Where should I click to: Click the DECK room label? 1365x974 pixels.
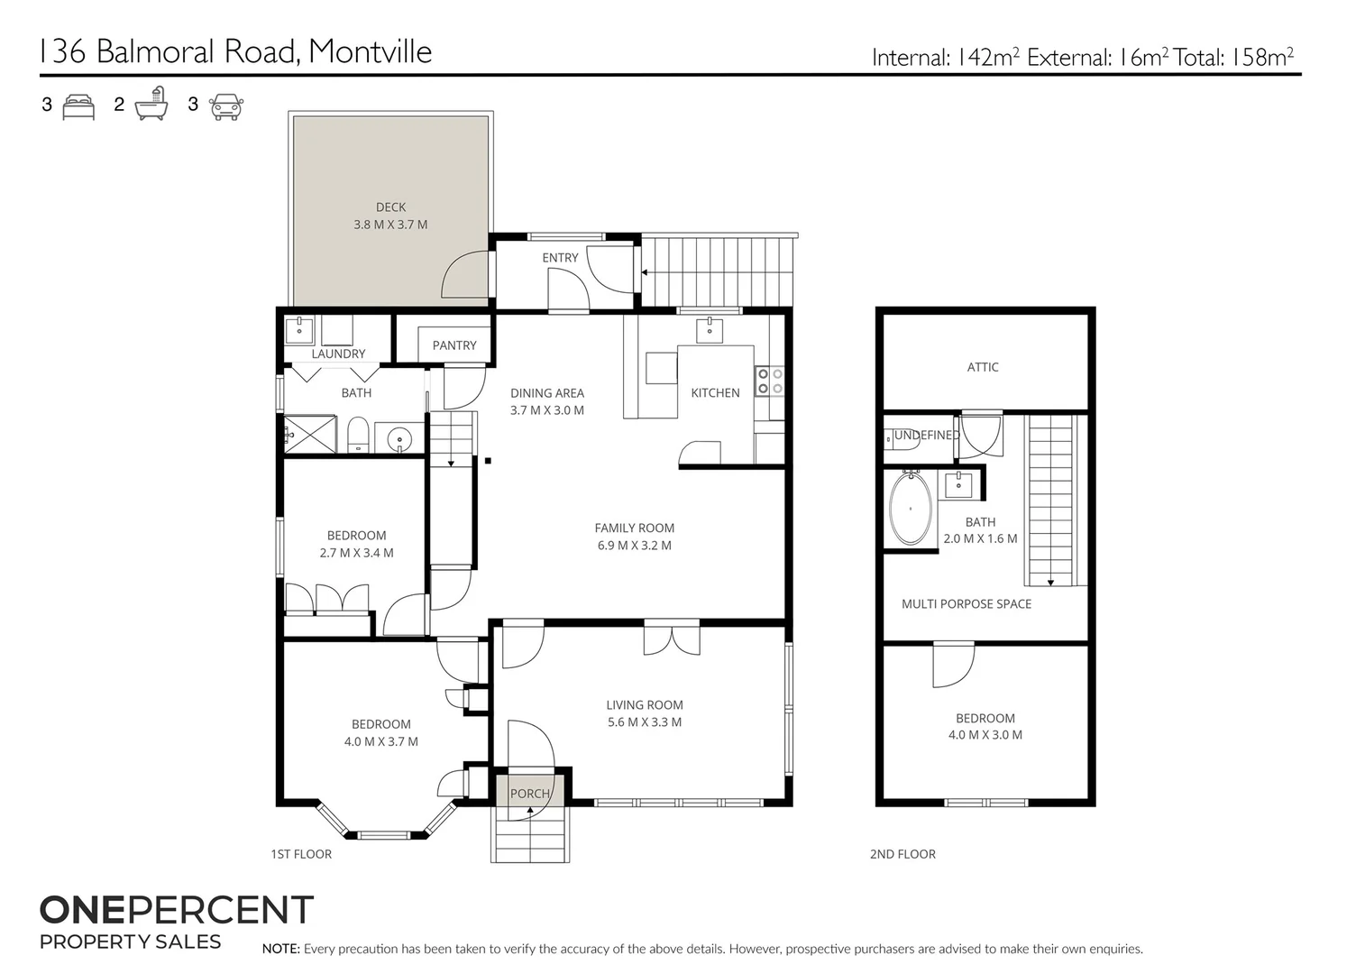tap(390, 207)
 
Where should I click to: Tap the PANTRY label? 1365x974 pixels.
tap(453, 345)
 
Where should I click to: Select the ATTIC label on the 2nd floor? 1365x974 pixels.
tap(982, 367)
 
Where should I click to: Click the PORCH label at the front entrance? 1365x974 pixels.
tap(529, 794)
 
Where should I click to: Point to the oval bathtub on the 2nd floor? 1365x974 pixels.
tap(911, 509)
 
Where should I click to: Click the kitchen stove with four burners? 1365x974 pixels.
tap(769, 381)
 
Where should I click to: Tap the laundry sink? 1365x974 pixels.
tap(299, 330)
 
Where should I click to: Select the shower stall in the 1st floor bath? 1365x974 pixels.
tap(310, 435)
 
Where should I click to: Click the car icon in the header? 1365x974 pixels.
tap(225, 106)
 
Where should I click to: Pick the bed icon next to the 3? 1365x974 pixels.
tap(78, 106)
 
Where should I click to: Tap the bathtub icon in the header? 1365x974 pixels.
tap(151, 106)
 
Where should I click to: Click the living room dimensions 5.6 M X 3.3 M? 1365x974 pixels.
tap(644, 722)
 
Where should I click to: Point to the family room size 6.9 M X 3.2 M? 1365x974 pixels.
tap(634, 546)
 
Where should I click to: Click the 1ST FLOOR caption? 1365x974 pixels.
tap(301, 854)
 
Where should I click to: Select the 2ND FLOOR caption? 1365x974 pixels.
tap(902, 854)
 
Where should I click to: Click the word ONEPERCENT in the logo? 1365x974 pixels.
tap(176, 910)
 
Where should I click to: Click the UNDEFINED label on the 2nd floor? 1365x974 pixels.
tap(926, 435)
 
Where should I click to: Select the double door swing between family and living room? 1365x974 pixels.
tap(672, 638)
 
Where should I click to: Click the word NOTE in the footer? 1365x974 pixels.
tap(280, 949)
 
